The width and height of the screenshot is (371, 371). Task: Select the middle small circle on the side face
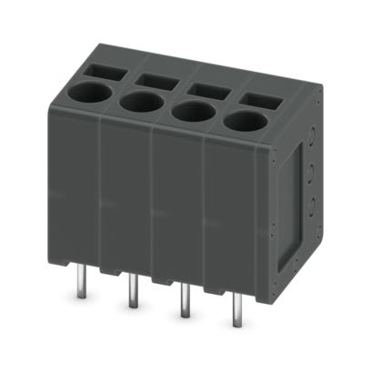(x=315, y=169)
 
